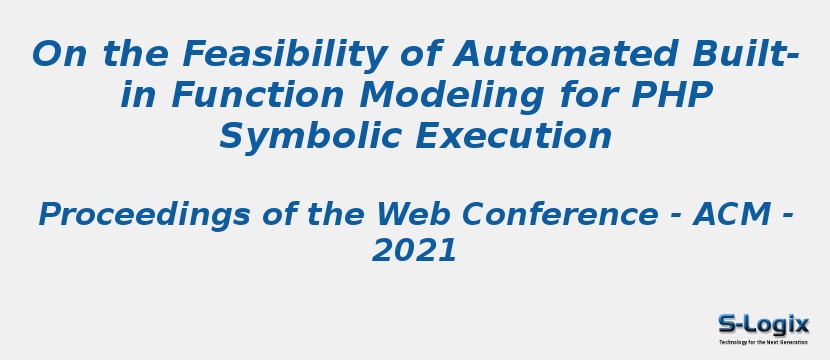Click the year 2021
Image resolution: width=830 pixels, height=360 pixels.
click(x=414, y=251)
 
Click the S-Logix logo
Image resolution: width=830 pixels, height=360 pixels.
click(x=763, y=326)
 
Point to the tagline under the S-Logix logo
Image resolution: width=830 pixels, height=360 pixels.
click(x=763, y=342)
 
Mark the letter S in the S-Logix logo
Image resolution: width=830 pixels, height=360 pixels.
click(x=727, y=323)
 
